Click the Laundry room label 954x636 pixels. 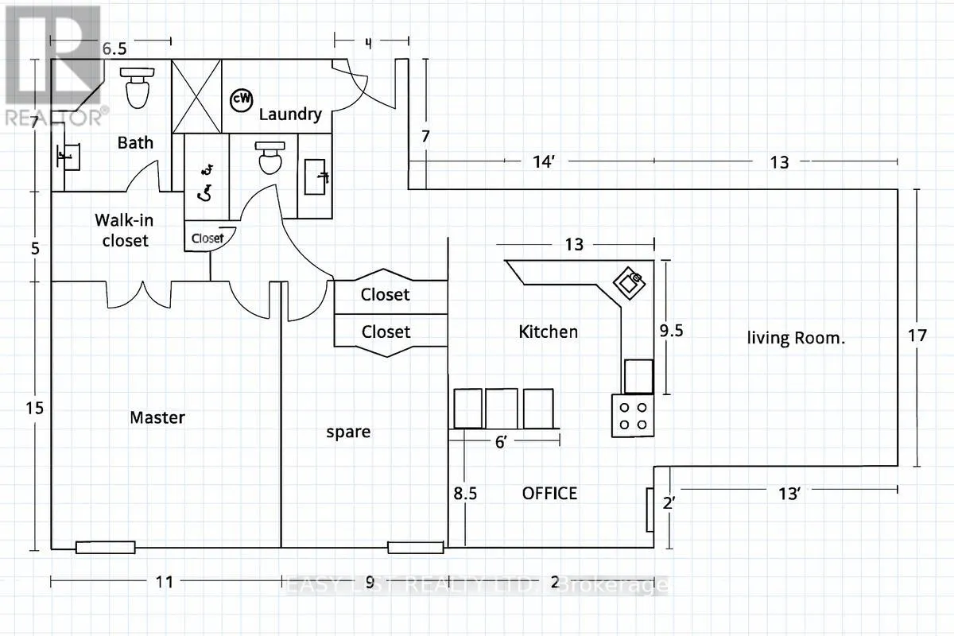(290, 114)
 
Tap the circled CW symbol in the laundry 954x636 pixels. (241, 99)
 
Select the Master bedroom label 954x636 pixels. (157, 417)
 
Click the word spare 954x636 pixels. (348, 432)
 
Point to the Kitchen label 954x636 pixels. (548, 332)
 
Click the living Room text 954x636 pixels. (795, 338)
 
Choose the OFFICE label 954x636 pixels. (549, 493)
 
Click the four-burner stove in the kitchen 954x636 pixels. (632, 415)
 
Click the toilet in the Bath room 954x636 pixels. (138, 88)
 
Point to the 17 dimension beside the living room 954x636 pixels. (917, 335)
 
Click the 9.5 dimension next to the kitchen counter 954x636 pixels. (672, 331)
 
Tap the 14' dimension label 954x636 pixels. (542, 162)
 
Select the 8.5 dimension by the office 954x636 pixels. (465, 494)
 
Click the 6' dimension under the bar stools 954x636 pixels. (502, 444)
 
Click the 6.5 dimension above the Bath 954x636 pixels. (114, 48)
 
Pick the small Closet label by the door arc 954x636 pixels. (207, 238)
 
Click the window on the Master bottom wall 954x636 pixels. (105, 547)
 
